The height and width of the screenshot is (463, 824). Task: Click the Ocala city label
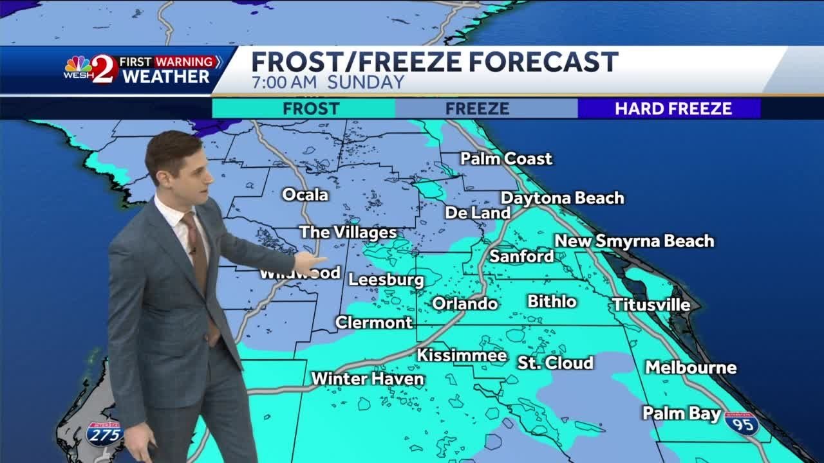[x=305, y=194]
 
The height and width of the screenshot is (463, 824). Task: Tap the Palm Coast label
[x=506, y=158]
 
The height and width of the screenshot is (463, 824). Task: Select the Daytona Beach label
[x=562, y=198]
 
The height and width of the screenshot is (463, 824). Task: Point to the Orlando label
[x=465, y=304]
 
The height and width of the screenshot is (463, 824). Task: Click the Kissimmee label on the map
[x=462, y=355]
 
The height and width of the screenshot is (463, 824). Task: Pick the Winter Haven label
[x=368, y=379]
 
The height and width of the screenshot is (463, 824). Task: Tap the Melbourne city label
[x=691, y=368]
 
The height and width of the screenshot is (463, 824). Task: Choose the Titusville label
[x=651, y=305]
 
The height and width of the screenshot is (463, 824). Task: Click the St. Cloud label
[x=555, y=363]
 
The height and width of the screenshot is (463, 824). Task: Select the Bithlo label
[x=552, y=301]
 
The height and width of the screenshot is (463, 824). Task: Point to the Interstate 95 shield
[x=742, y=424]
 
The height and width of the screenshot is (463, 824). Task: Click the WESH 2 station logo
[x=91, y=69]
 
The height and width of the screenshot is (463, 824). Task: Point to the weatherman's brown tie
[x=196, y=251]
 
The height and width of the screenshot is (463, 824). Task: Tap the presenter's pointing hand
[x=310, y=262]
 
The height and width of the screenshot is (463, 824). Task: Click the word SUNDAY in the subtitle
[x=366, y=82]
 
